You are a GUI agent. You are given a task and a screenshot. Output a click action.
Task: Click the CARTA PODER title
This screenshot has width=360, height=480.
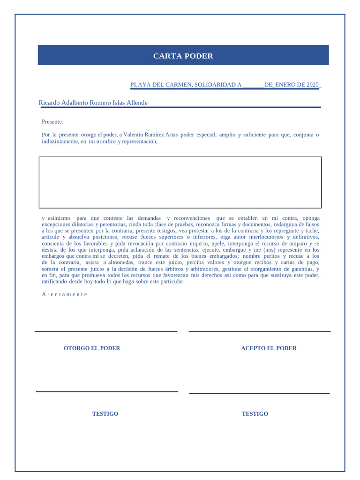pyautogui.click(x=183, y=56)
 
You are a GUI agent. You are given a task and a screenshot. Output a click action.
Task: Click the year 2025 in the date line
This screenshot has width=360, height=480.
pyautogui.click(x=313, y=85)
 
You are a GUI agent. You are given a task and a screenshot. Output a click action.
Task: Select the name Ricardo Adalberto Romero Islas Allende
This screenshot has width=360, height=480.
pyautogui.click(x=93, y=103)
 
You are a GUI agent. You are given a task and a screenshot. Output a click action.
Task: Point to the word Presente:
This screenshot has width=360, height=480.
pyautogui.click(x=52, y=122)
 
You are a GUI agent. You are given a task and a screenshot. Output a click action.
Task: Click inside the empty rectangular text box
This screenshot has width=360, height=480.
pyautogui.click(x=180, y=182)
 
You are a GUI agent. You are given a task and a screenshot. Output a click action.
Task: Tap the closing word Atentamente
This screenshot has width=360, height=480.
pyautogui.click(x=64, y=294)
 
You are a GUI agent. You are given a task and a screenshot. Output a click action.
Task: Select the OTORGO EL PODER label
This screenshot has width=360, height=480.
pyautogui.click(x=92, y=348)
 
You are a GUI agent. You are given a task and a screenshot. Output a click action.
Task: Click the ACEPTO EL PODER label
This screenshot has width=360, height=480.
pyautogui.click(x=269, y=348)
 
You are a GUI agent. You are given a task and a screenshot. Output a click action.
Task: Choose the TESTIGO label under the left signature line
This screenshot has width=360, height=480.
pyautogui.click(x=105, y=414)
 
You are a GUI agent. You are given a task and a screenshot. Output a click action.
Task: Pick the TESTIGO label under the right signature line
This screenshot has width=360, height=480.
pyautogui.click(x=255, y=414)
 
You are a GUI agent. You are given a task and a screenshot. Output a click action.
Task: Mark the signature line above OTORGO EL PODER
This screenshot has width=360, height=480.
pyautogui.click(x=106, y=331)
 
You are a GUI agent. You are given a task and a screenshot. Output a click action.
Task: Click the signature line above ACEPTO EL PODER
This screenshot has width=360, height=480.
pyautogui.click(x=259, y=331)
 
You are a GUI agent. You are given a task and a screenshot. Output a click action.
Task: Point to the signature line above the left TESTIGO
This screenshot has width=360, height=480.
pyautogui.click(x=107, y=391)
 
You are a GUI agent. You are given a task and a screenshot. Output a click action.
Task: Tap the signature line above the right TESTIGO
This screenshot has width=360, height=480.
pyautogui.click(x=259, y=393)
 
